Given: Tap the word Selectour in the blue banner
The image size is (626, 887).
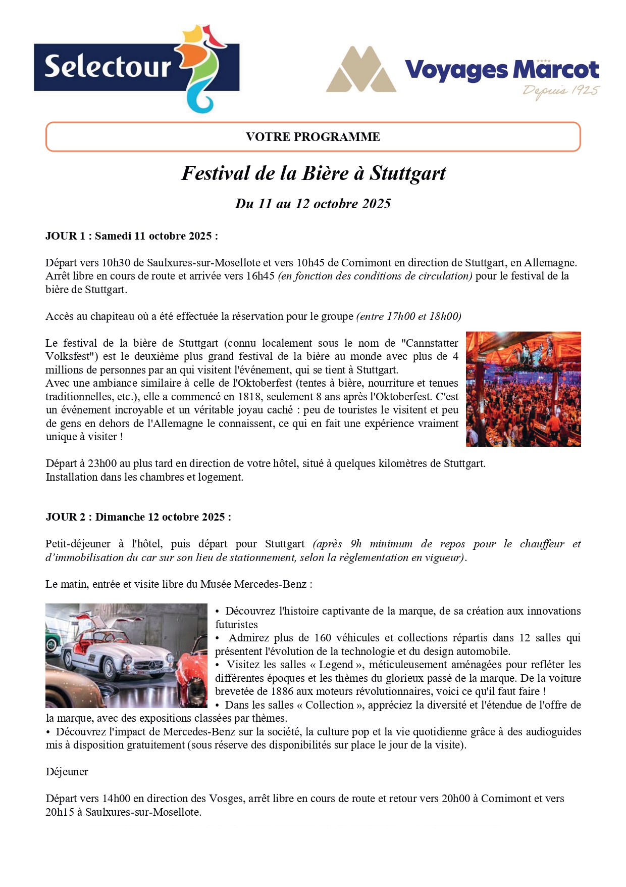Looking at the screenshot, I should (108, 67).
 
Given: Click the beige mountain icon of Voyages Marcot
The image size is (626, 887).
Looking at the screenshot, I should (361, 70).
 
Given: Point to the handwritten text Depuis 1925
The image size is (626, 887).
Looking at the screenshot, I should (561, 91).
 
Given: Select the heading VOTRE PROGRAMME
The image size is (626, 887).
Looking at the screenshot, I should (313, 137).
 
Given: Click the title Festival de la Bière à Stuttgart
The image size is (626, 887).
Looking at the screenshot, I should (313, 173).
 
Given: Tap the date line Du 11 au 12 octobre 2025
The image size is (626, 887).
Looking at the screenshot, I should (313, 204).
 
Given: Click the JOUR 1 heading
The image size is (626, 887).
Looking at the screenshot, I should (131, 236).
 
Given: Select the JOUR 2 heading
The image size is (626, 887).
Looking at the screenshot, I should (138, 517).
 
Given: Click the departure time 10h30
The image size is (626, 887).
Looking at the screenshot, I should (116, 263).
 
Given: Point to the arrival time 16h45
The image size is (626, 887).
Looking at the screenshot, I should (260, 276).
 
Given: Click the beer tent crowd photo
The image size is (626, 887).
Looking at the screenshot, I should (523, 389).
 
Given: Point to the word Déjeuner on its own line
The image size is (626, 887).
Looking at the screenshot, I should (67, 772).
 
